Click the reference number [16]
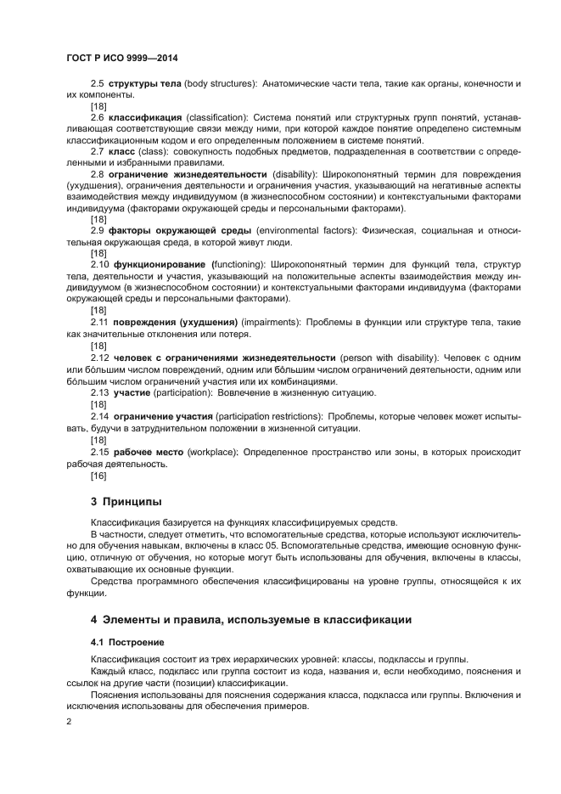pyautogui.click(x=98, y=476)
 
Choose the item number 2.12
pyautogui.click(x=100, y=358)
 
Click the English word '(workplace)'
pyautogui.click(x=211, y=453)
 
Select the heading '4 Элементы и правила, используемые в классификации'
pyautogui.click(x=251, y=619)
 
